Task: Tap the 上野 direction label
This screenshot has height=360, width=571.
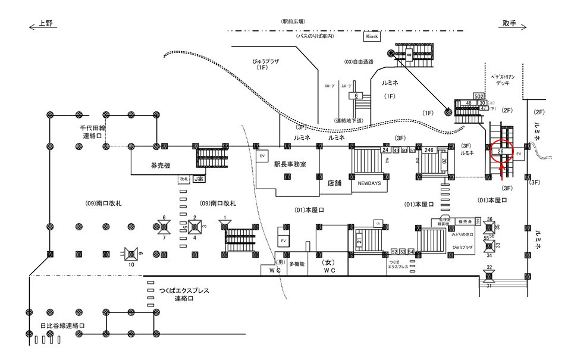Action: pyautogui.click(x=45, y=24)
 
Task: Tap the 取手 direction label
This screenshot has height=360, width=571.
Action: pyautogui.click(x=509, y=24)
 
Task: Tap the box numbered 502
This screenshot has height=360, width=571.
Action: pyautogui.click(x=479, y=96)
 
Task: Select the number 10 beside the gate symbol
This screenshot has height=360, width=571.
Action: pyautogui.click(x=132, y=265)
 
